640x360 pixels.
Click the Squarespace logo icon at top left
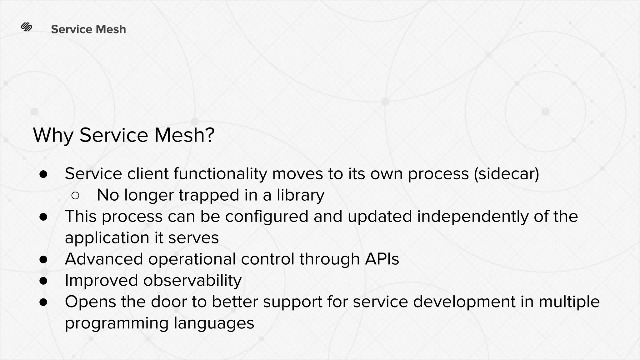pyautogui.click(x=27, y=27)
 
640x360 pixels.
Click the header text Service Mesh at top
pyautogui.click(x=88, y=29)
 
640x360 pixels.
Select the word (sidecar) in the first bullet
pyautogui.click(x=507, y=174)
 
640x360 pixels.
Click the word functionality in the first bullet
pyautogui.click(x=221, y=174)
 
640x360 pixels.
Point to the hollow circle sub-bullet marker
pyautogui.click(x=75, y=196)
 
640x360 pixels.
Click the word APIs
pyautogui.click(x=382, y=259)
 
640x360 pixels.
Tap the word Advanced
pyautogui.click(x=104, y=259)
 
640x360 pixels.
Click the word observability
pyautogui.click(x=192, y=280)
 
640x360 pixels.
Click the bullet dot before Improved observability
pyautogui.click(x=43, y=281)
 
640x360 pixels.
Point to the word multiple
pyautogui.click(x=569, y=302)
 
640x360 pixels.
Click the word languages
pyautogui.click(x=214, y=323)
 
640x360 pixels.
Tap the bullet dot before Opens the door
pyautogui.click(x=43, y=302)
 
